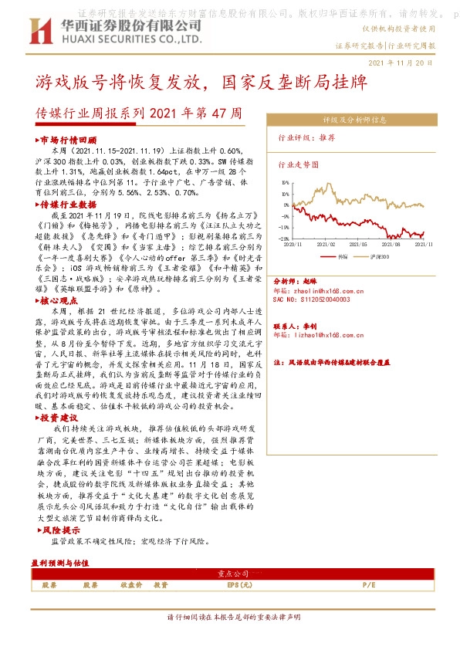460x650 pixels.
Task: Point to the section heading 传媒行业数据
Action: coord(70,205)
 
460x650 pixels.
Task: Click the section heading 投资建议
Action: coord(63,418)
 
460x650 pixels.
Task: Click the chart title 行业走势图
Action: coord(298,164)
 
